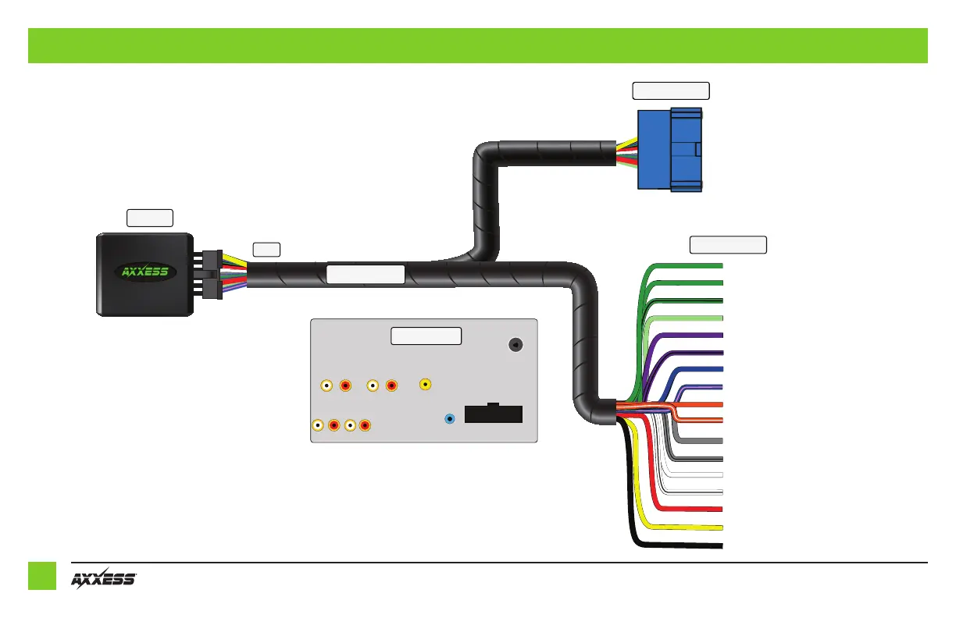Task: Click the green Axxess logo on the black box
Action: pos(148,273)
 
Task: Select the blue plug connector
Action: pos(669,149)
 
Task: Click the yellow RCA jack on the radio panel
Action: pos(426,384)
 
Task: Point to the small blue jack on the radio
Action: pos(450,419)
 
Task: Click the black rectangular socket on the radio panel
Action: pos(493,414)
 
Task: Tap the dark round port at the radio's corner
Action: pos(515,346)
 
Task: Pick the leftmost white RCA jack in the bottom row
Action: pos(318,425)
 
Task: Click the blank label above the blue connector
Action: pos(670,91)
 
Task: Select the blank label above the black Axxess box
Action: pos(150,217)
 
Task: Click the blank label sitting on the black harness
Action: pos(365,274)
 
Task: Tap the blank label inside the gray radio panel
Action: pos(426,336)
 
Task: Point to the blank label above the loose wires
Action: pos(728,245)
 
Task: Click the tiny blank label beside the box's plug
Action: pos(266,250)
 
